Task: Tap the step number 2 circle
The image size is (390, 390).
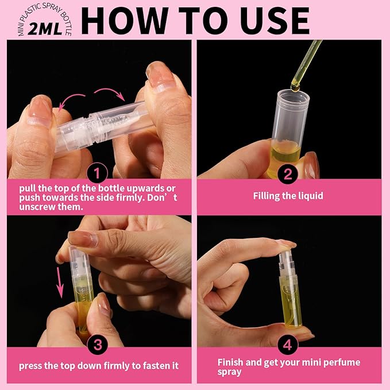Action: click(x=288, y=172)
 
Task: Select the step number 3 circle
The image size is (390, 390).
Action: click(x=97, y=345)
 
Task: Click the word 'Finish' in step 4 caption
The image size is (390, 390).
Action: click(x=231, y=362)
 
